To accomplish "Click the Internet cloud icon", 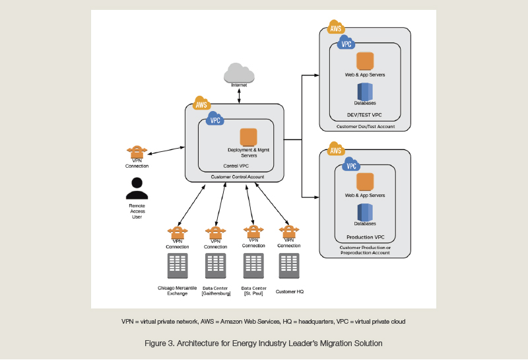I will click(239, 73).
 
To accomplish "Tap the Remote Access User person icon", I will click(137, 188).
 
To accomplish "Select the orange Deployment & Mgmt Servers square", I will click(248, 137).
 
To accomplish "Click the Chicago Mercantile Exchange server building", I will click(178, 266).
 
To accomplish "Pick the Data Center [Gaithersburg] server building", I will click(216, 266).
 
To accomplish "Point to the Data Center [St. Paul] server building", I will click(253, 266).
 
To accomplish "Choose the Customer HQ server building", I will click(289, 266).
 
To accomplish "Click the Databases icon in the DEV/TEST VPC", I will click(365, 91).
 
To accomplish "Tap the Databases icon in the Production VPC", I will click(365, 212).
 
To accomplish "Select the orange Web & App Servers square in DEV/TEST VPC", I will click(365, 61).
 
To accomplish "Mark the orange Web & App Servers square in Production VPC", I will click(365, 182).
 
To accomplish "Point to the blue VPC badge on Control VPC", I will click(215, 119).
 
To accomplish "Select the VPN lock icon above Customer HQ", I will click(289, 232).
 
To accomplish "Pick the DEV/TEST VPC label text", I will click(365, 114).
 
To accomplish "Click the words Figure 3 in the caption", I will click(161, 343).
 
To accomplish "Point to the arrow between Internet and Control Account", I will click(239, 95).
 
